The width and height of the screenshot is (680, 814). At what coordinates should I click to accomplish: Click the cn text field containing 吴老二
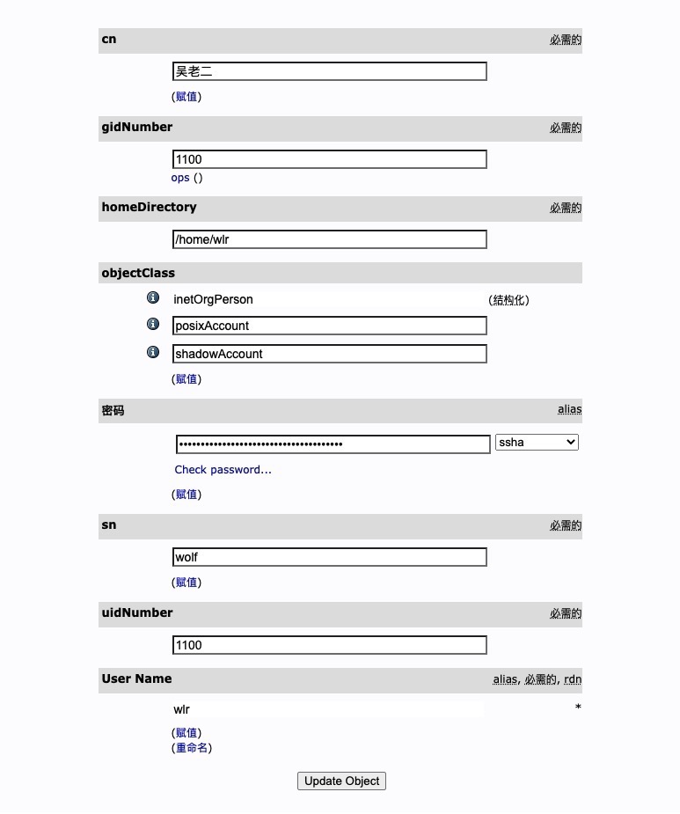329,71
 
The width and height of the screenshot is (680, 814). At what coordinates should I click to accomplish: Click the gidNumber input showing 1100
329,159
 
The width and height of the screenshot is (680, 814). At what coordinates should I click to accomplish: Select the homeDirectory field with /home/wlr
329,239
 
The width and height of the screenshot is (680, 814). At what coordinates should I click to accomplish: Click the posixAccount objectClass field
329,326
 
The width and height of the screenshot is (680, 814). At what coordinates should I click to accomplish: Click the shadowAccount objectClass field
329,354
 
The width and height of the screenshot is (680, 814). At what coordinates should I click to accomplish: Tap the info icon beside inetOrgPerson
153,298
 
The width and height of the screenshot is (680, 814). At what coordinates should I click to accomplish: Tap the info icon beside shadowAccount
153,352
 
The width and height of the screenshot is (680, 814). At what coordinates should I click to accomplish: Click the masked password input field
333,444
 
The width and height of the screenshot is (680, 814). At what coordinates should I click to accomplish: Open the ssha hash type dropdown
537,443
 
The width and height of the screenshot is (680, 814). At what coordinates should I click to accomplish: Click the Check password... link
223,470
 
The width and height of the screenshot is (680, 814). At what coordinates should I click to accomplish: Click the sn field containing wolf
329,557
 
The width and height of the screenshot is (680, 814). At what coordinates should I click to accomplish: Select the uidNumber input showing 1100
329,645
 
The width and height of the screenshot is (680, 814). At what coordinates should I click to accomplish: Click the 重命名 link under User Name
192,748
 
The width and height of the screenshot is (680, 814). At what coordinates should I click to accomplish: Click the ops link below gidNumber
180,178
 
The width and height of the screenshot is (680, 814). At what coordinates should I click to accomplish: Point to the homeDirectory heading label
149,208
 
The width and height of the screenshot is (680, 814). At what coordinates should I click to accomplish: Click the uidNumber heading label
137,613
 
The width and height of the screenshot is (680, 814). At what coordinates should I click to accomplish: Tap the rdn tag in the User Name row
573,679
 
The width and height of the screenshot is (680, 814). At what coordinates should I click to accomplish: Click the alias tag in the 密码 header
569,409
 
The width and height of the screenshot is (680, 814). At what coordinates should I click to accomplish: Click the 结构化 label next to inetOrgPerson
508,300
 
